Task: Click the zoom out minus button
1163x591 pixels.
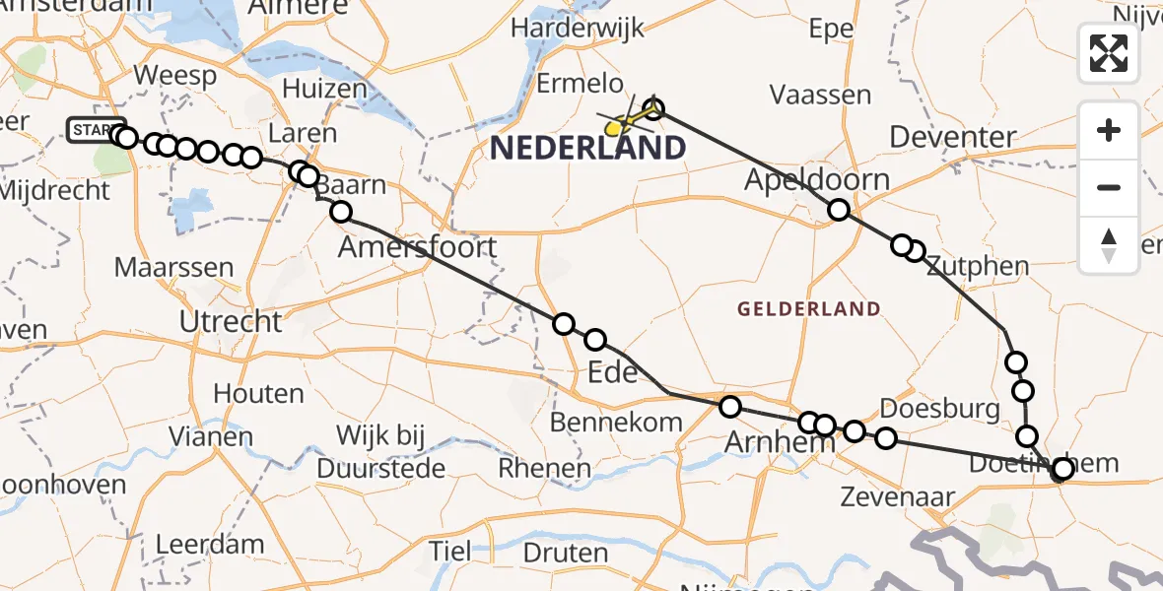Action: [1109, 187]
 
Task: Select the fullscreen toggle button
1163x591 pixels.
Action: [1109, 53]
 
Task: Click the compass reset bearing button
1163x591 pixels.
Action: [1109, 245]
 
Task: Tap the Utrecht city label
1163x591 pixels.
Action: [230, 321]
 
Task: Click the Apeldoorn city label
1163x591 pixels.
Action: [816, 179]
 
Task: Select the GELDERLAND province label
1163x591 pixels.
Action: [808, 309]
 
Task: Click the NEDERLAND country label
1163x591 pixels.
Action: [587, 149]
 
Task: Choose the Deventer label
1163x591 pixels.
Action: [952, 137]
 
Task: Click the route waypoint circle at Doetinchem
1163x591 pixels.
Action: [1062, 469]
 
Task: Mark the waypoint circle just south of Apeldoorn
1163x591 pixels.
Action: [838, 210]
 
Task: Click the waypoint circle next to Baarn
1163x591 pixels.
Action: [341, 211]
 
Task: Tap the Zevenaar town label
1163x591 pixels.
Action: [897, 496]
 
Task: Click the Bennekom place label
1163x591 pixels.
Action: [616, 423]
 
